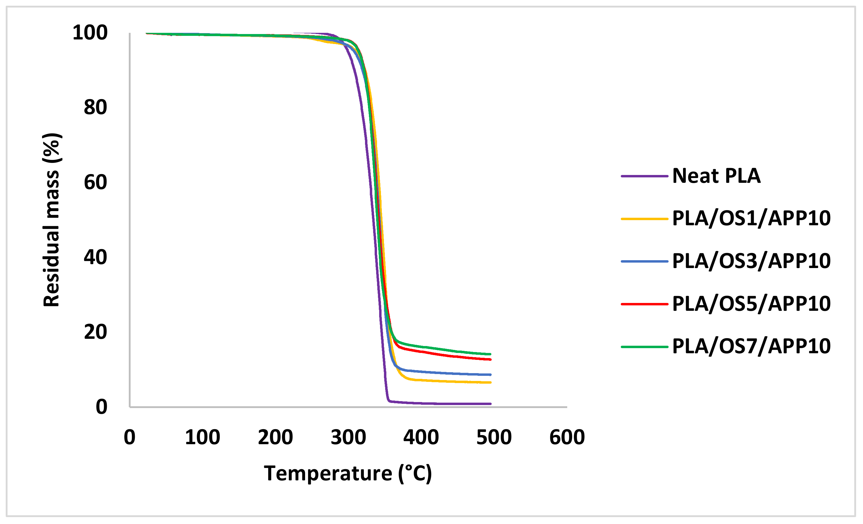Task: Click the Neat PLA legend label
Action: pos(716,176)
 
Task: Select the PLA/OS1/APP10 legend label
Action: pos(751,218)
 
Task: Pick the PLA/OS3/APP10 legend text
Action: pos(751,261)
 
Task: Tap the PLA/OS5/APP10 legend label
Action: pos(751,304)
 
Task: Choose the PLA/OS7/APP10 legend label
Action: pos(751,347)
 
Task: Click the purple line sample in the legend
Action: pos(645,176)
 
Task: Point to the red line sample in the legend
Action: pos(645,304)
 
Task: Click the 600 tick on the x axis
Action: pos(567,438)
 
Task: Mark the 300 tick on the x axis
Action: pos(348,438)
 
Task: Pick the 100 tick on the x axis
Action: pos(203,438)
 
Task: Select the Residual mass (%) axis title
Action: pos(51,220)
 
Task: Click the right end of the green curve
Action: pos(490,354)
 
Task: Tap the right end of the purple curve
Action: pos(490,404)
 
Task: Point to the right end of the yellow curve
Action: pos(490,382)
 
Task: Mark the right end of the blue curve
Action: pos(490,375)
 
